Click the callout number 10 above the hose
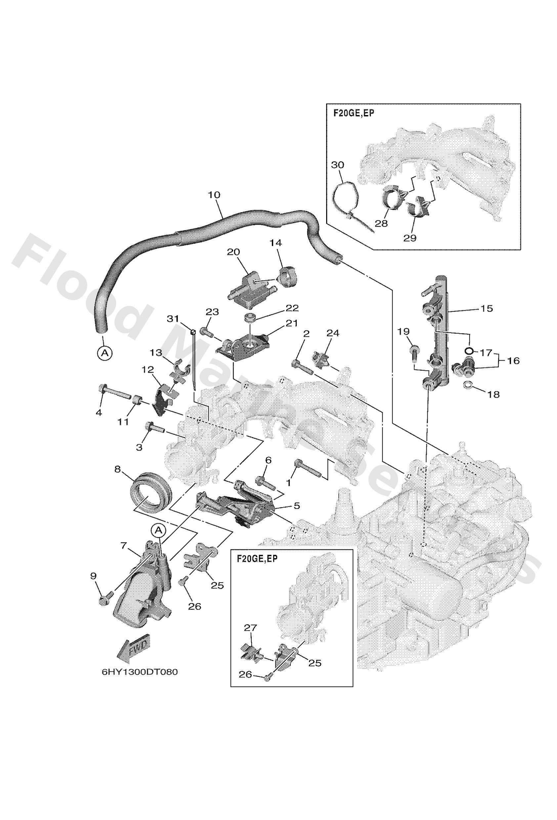point(214,195)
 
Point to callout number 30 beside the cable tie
point(338,165)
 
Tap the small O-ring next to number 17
point(469,351)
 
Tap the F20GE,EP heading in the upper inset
point(354,114)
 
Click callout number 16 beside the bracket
point(514,361)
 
